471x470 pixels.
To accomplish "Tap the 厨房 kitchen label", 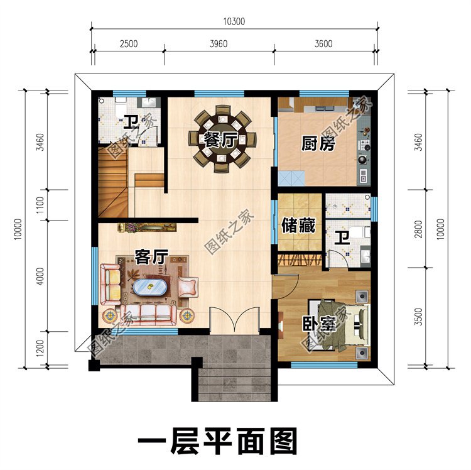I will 318,144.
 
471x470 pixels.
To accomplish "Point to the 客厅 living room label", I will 151,256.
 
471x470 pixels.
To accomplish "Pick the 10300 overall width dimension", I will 234,21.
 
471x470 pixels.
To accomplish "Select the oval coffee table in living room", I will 149,287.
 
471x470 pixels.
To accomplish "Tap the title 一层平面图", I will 217,442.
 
